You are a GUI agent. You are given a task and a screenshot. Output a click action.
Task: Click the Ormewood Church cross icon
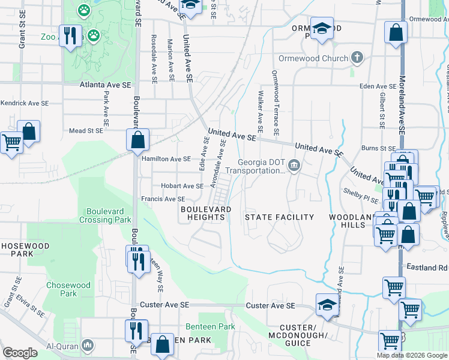[x=357, y=58]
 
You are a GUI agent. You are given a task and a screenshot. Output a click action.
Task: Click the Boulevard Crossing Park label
[x=109, y=215]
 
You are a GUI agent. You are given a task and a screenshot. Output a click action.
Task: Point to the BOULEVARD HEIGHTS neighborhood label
[x=205, y=212]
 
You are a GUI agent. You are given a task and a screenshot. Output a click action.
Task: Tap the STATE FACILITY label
[x=280, y=217]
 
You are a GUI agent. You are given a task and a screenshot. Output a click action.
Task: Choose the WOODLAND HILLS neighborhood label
[x=347, y=220]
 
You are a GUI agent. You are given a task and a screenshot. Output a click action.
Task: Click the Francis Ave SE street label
[x=162, y=199]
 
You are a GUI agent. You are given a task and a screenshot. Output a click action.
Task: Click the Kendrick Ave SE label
[x=24, y=103]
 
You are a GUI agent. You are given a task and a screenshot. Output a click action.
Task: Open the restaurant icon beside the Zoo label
[x=70, y=36]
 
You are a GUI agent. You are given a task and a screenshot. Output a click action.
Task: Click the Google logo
[x=20, y=353]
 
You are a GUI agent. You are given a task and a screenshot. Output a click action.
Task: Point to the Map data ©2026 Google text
[x=412, y=355]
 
